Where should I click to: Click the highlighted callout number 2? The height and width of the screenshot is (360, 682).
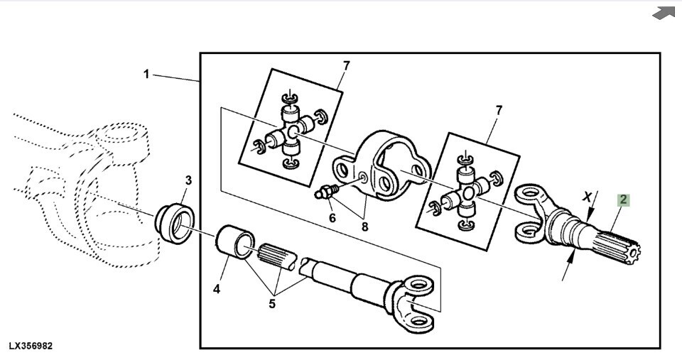click(624, 200)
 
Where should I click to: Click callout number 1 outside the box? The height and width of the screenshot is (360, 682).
click(146, 75)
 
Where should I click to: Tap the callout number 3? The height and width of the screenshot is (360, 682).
click(188, 180)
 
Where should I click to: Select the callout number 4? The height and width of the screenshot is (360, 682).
click(217, 288)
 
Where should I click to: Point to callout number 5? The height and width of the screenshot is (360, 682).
click(272, 303)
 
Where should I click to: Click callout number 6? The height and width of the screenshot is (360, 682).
click(332, 217)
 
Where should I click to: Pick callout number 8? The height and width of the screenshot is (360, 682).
click(364, 227)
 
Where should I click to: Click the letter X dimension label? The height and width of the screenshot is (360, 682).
click(588, 197)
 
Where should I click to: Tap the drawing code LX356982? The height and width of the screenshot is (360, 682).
click(31, 346)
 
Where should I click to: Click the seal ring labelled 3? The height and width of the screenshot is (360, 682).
click(175, 224)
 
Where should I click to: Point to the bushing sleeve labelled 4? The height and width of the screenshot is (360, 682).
click(235, 241)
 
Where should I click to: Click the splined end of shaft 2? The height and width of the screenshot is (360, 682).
click(617, 248)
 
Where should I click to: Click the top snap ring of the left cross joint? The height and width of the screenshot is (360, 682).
click(288, 97)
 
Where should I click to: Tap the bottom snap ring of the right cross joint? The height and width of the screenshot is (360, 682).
click(466, 225)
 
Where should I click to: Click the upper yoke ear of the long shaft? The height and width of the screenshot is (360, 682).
click(418, 285)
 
